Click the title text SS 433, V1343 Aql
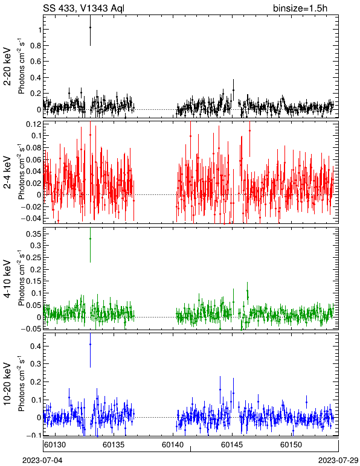click(83, 8)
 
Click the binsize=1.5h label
click(300, 8)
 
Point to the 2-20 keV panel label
click(7, 66)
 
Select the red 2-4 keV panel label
click(7, 173)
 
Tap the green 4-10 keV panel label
click(7, 279)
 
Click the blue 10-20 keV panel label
click(7, 384)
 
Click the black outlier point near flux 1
click(90, 27)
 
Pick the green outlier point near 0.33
click(90, 238)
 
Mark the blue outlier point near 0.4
click(90, 344)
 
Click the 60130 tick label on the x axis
click(55, 445)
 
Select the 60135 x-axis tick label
click(114, 445)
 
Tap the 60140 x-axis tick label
click(173, 445)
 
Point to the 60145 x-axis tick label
click(232, 445)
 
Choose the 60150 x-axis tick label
click(291, 445)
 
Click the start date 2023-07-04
click(42, 461)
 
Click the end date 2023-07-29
click(338, 461)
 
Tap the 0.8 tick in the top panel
click(36, 45)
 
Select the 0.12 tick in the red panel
click(33, 124)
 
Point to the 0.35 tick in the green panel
click(33, 234)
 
